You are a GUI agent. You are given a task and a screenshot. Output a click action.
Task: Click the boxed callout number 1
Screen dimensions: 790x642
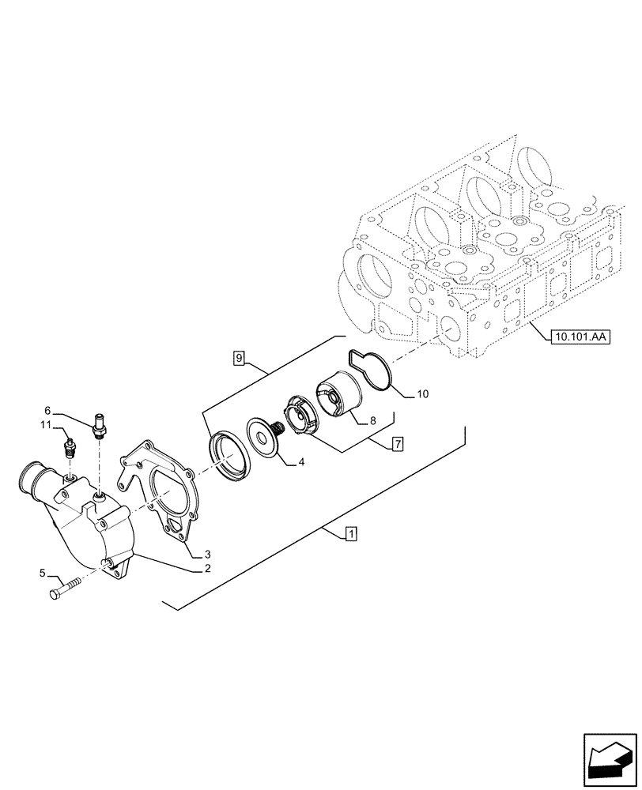(x=349, y=535)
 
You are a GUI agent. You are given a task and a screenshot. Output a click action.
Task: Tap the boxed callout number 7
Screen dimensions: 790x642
(x=397, y=445)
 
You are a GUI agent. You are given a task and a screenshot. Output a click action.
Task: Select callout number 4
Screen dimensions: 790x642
(x=301, y=463)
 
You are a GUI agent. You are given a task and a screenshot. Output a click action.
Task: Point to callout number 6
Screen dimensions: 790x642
(x=47, y=410)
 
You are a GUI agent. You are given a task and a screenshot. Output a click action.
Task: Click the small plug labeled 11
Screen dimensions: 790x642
(x=70, y=450)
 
